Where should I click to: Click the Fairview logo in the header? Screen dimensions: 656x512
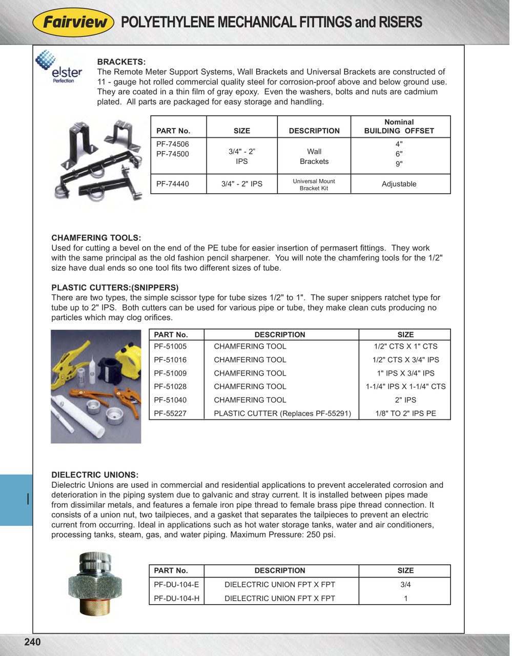click(x=73, y=23)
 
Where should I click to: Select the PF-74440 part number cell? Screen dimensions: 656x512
click(x=173, y=184)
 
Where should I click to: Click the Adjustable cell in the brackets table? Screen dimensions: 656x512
click(x=399, y=184)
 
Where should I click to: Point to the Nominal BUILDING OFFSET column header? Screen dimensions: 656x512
click(x=399, y=127)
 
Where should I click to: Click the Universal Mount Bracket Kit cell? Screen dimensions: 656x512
click(x=314, y=184)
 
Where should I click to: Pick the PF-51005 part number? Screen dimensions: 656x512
click(x=170, y=346)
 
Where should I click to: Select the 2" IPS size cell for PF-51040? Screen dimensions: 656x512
click(x=405, y=400)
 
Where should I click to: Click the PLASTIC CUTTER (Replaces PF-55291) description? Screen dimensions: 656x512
click(x=282, y=413)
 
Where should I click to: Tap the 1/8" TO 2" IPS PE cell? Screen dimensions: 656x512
click(x=405, y=413)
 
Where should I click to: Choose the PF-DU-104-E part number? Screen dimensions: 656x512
click(x=176, y=584)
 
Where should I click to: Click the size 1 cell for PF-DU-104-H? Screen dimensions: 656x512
click(x=405, y=598)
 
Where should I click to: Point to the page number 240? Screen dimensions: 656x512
click(x=32, y=642)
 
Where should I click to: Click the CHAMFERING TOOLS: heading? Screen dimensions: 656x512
click(x=96, y=238)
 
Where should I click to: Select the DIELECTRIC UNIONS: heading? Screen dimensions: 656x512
click(x=95, y=475)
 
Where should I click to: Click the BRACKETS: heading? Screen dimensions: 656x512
click(x=121, y=62)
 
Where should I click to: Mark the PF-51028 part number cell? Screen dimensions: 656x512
click(x=170, y=386)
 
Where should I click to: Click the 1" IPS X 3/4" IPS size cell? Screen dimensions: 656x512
click(x=405, y=373)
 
